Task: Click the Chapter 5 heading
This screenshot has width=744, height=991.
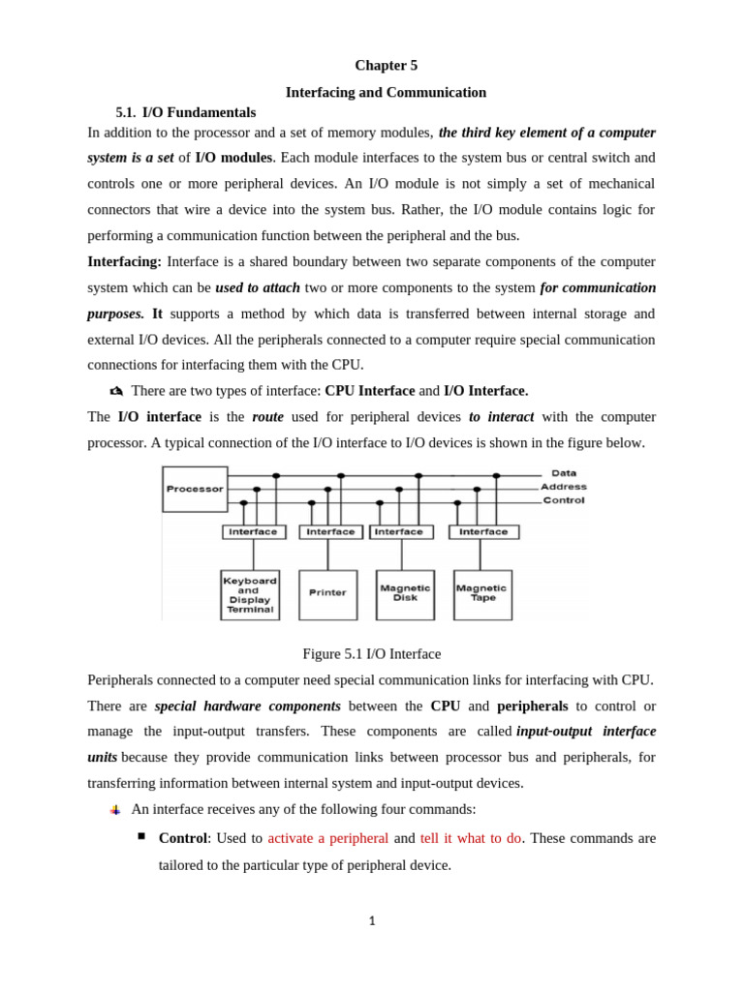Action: coord(386,65)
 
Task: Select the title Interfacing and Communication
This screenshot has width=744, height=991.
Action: coord(386,92)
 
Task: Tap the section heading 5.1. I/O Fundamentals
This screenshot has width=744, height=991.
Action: coord(186,112)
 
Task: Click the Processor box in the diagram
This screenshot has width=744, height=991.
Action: coord(195,489)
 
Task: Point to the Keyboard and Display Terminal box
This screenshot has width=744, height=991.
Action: coord(250,594)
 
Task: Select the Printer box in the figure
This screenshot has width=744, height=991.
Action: coord(327,593)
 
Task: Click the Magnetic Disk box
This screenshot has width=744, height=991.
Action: coord(405,593)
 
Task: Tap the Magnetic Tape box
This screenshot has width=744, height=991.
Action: coord(481,593)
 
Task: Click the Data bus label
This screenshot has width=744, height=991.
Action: coord(564,473)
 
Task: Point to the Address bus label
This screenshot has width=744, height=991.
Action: coord(564,487)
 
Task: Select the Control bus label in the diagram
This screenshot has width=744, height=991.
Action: coord(564,500)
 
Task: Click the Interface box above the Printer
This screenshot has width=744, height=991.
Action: coord(330,531)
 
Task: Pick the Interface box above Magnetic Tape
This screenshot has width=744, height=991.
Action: coord(483,531)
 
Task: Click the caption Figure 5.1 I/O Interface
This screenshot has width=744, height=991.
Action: coord(372,654)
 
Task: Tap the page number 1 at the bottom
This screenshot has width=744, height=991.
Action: coord(372,921)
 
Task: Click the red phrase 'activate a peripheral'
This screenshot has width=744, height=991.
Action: coord(328,838)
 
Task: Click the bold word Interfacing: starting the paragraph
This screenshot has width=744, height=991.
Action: coord(125,261)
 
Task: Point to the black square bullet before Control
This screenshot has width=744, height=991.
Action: coord(141,835)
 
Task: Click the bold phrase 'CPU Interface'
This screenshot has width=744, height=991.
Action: coord(369,391)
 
